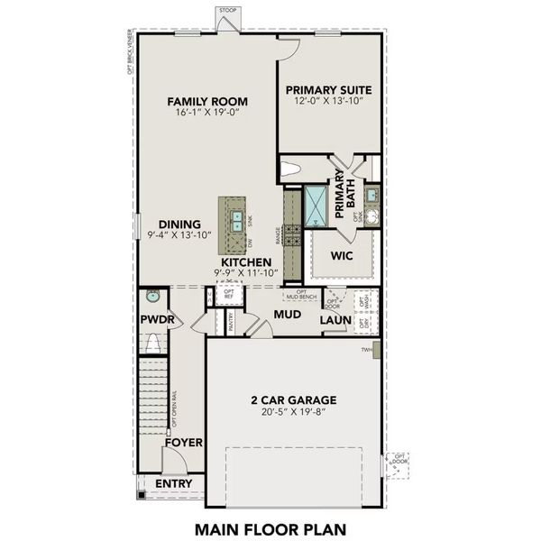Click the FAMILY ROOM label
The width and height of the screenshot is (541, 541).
pyautogui.click(x=207, y=101)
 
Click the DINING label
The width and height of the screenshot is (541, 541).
pyautogui.click(x=179, y=225)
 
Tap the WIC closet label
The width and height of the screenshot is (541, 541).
pyautogui.click(x=341, y=256)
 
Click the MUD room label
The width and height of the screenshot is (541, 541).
pyautogui.click(x=287, y=314)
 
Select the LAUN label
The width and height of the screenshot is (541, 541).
pyautogui.click(x=335, y=319)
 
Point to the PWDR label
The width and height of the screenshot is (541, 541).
pyautogui.click(x=155, y=320)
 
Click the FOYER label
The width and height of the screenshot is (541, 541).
pyautogui.click(x=183, y=443)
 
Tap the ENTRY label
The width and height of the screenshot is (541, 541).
pyautogui.click(x=174, y=484)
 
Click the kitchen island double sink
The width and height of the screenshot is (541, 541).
pyautogui.click(x=235, y=218)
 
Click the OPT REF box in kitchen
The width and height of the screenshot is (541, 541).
pyautogui.click(x=228, y=295)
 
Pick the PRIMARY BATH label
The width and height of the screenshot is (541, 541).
pyautogui.click(x=345, y=194)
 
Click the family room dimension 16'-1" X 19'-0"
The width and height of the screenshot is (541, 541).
pyautogui.click(x=207, y=115)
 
